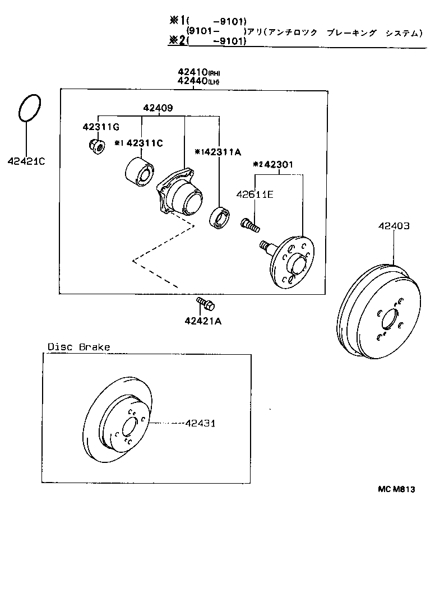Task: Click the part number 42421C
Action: (x=26, y=162)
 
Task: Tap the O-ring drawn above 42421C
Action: (x=30, y=108)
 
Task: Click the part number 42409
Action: (x=158, y=108)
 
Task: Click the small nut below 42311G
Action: (x=96, y=147)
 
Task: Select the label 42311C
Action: (x=144, y=143)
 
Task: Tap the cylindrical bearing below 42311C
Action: (x=138, y=171)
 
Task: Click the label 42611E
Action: (x=254, y=194)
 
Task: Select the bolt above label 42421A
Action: (x=205, y=304)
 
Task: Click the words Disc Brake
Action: (x=78, y=347)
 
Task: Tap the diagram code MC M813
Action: (x=396, y=489)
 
